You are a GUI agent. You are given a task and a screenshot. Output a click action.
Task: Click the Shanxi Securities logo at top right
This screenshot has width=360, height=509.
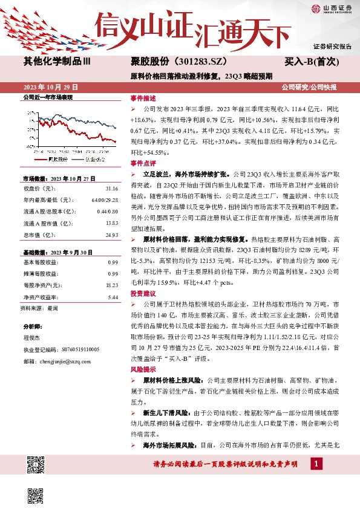(x=332, y=8)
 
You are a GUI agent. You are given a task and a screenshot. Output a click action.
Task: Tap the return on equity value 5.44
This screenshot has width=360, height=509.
(x=113, y=296)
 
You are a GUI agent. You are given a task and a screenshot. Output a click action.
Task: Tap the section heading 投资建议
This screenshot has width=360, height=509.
(x=143, y=293)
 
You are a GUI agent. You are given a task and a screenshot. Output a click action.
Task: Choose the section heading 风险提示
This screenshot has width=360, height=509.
(x=143, y=369)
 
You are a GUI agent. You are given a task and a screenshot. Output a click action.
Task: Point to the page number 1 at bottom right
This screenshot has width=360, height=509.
(x=315, y=464)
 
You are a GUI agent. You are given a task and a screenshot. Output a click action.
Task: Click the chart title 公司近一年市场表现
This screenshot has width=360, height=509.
(x=47, y=97)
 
